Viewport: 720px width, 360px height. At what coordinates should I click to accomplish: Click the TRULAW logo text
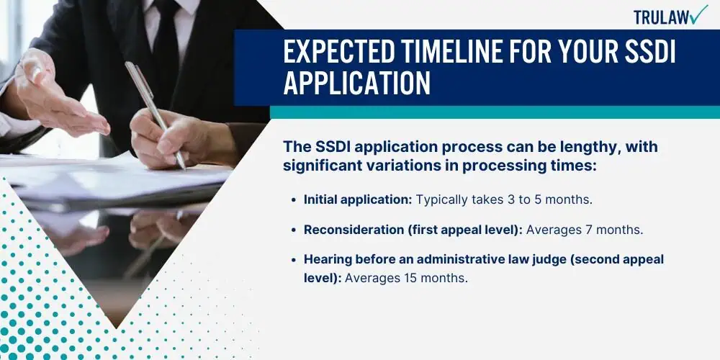661,17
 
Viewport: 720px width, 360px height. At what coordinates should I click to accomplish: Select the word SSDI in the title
649,53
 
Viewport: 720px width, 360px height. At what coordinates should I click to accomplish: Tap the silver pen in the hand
156,114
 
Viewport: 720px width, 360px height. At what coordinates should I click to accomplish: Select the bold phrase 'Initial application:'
358,199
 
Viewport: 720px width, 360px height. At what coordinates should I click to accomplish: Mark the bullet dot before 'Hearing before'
294,259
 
